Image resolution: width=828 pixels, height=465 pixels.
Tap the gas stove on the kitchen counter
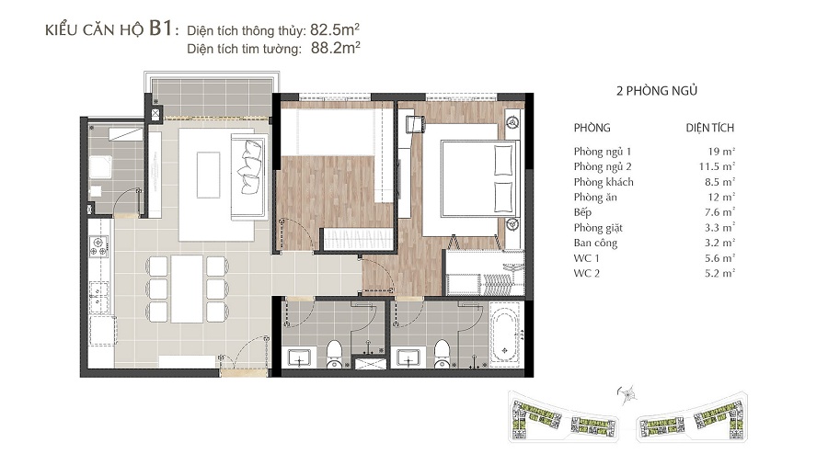click(x=98, y=246)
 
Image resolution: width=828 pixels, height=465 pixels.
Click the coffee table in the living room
click(x=208, y=175)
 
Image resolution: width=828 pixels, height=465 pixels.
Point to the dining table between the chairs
click(x=187, y=289)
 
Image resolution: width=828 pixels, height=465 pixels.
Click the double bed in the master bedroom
click(x=469, y=179)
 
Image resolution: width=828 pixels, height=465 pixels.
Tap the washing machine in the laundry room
click(x=99, y=166)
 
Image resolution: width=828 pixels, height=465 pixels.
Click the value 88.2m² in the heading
click(x=335, y=48)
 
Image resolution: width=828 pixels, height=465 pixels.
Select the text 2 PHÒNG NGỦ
click(x=656, y=91)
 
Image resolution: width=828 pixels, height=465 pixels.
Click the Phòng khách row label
click(x=603, y=182)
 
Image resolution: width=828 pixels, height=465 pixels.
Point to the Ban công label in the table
click(x=595, y=243)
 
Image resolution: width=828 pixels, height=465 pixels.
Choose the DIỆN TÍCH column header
click(x=709, y=128)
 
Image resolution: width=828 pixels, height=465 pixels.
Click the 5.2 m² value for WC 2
click(x=719, y=273)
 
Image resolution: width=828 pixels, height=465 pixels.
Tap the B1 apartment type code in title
click(x=160, y=28)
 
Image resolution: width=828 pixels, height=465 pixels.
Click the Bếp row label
click(x=582, y=212)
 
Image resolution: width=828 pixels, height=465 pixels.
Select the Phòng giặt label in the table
click(x=598, y=228)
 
